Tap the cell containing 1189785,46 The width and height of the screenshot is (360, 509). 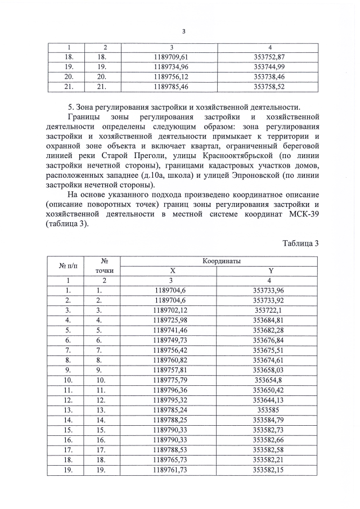point(174,87)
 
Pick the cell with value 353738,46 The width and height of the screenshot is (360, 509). point(269,76)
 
